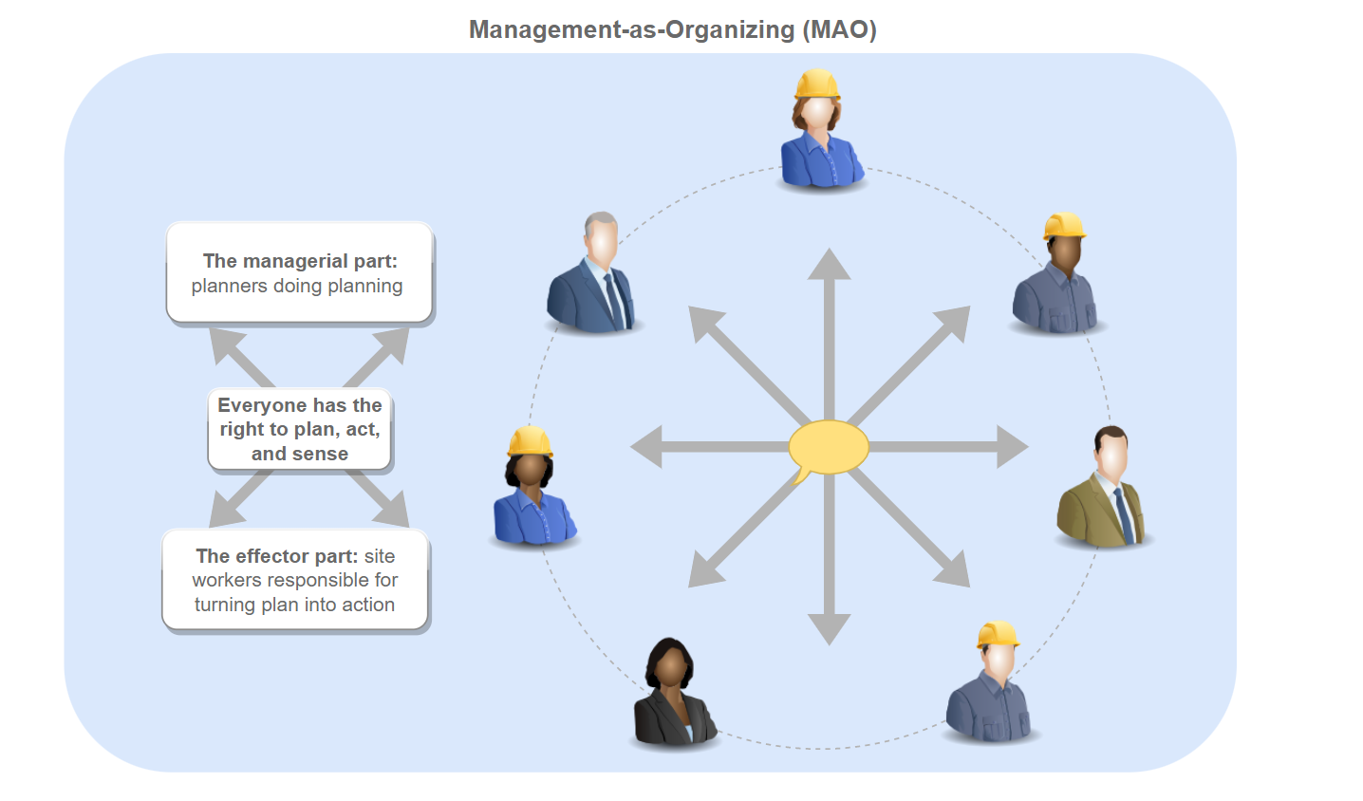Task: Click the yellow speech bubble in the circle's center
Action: tap(829, 447)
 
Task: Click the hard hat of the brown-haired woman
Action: tap(817, 84)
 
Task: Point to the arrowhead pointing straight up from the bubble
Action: tap(829, 265)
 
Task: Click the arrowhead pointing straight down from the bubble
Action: tap(829, 629)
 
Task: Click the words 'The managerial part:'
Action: tap(300, 261)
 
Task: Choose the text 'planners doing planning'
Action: tap(297, 286)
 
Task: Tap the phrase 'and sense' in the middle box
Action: tap(300, 454)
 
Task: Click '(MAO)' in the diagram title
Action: tap(839, 29)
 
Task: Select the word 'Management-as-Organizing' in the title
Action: tap(631, 29)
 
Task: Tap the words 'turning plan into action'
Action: tap(294, 605)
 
